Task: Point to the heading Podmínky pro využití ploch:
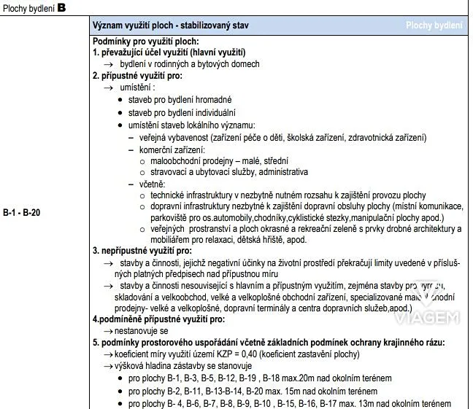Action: tap(146, 42)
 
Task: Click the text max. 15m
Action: tap(287, 391)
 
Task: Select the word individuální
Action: tap(212, 112)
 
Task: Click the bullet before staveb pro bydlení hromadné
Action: tap(120, 100)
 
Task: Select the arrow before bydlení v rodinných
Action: tap(107, 64)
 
